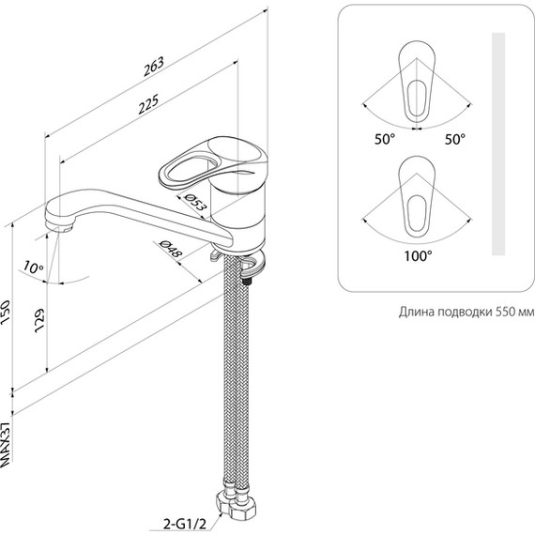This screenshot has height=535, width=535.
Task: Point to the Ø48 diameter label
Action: [171, 248]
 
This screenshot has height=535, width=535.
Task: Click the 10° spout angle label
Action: [34, 267]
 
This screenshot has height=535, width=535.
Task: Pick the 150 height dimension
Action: [7, 313]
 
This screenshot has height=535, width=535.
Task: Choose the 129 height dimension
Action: [40, 321]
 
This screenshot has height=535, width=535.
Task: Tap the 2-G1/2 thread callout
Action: [185, 525]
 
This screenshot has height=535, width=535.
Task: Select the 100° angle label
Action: [418, 255]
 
